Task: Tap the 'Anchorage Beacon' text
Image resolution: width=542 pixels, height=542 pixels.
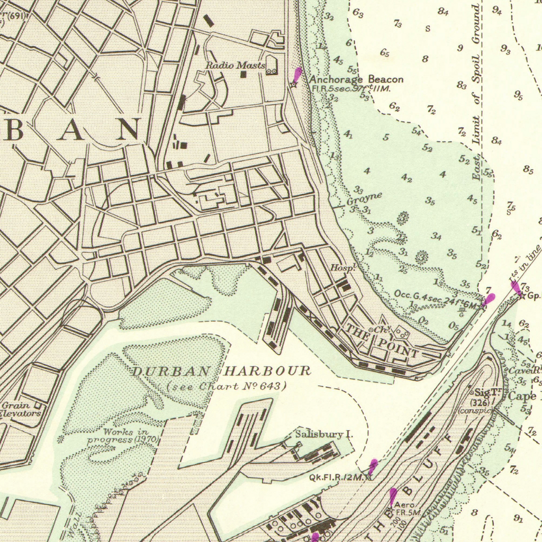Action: (x=356, y=79)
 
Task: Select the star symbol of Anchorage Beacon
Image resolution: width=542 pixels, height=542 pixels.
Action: (x=294, y=84)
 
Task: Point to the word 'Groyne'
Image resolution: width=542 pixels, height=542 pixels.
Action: (x=364, y=199)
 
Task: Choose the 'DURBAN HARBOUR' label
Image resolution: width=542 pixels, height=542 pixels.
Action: (x=221, y=371)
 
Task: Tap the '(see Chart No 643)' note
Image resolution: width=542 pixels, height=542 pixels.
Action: (x=227, y=386)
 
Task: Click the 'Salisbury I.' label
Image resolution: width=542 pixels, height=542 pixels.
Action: (x=324, y=435)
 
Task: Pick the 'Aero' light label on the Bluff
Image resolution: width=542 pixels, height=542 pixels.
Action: (x=404, y=505)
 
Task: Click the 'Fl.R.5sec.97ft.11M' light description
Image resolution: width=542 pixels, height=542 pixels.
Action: (x=350, y=89)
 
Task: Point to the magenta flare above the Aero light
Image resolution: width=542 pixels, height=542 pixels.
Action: (x=393, y=495)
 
